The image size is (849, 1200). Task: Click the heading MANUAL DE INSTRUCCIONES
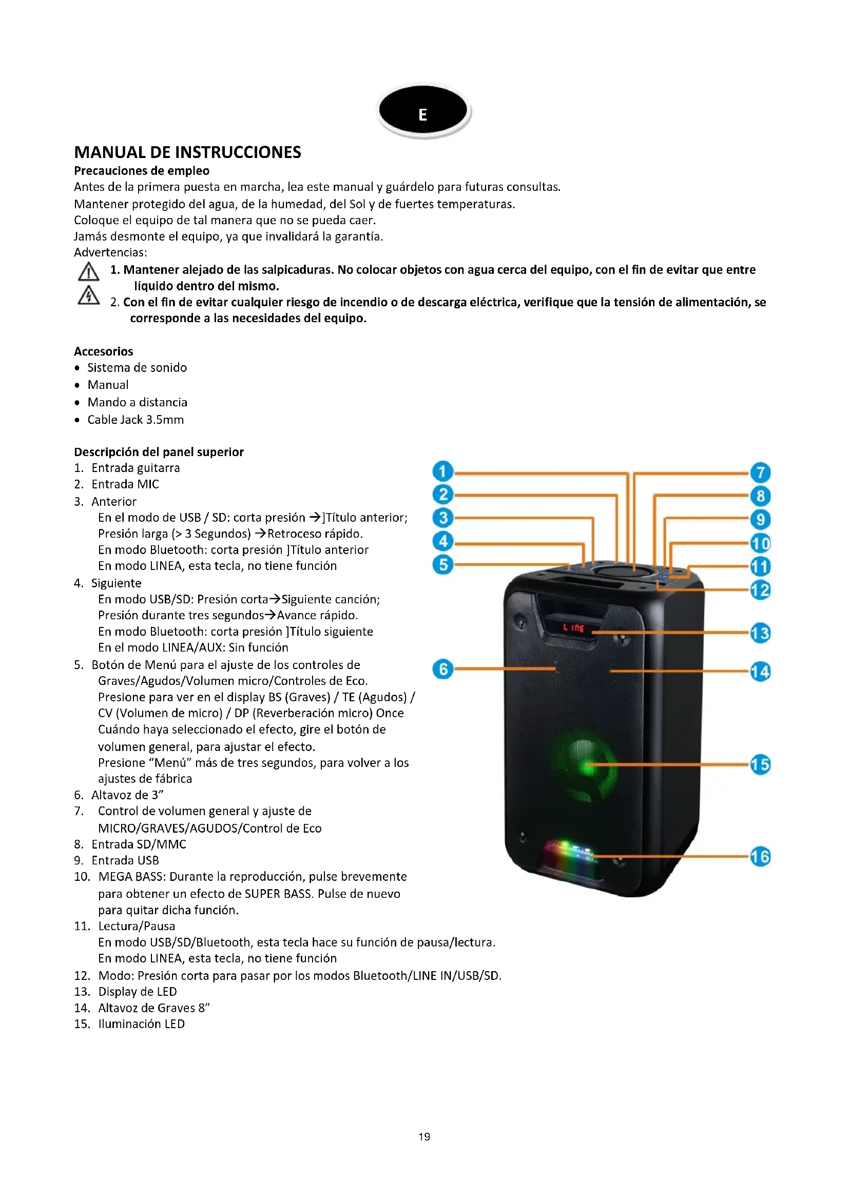point(187,152)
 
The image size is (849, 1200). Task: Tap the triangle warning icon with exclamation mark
point(88,272)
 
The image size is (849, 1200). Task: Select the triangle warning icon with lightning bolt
point(88,296)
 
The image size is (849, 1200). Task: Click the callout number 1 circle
point(443,471)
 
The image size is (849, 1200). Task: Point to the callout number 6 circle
point(443,669)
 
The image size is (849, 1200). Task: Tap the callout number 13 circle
point(760,634)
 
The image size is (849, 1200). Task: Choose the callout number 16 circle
point(760,857)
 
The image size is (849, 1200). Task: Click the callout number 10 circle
point(760,543)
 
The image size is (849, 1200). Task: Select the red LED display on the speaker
point(573,627)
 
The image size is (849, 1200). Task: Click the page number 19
point(424,1137)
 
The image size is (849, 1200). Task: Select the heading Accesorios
point(104,351)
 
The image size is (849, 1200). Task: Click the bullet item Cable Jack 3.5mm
point(136,420)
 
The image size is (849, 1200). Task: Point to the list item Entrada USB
point(125,860)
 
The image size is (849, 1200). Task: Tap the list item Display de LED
point(138,992)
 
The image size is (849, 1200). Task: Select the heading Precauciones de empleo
point(142,171)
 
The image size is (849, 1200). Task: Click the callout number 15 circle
point(760,764)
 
